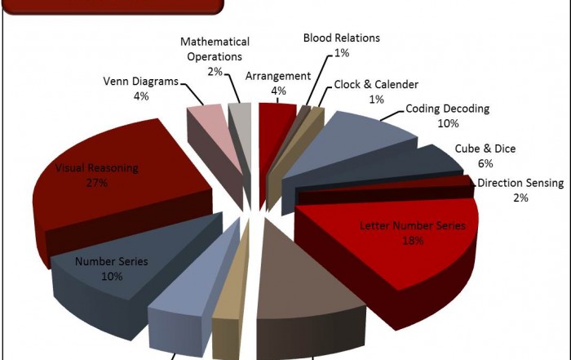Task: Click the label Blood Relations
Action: point(341,38)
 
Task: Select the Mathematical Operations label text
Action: point(215,49)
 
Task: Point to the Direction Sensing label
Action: point(520,183)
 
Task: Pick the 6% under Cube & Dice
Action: point(485,163)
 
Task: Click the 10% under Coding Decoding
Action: point(448,123)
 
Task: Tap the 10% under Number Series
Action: point(112,277)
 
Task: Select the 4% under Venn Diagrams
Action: point(141,96)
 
